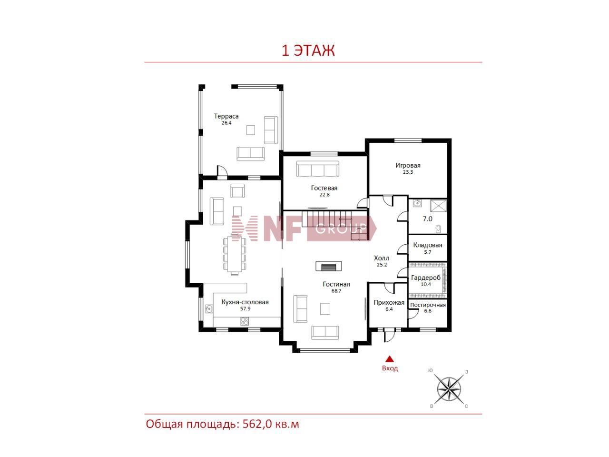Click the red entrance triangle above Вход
pos(390,359)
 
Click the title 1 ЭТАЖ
pos(308,50)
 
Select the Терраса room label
pos(226,116)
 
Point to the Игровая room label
pos(408,165)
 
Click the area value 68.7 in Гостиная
pos(336,291)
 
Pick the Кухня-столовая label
pos(245,302)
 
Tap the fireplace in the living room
pos(328,266)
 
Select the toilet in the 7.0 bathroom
pos(438,229)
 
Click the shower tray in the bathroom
pos(438,206)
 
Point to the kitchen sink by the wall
pos(209,308)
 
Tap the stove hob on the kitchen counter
pos(245,321)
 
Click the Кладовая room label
pos(428,245)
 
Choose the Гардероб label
pos(426,278)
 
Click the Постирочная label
pos(428,305)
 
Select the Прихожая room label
pos(389,302)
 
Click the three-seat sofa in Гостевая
pos(318,169)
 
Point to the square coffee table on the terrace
pos(251,130)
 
